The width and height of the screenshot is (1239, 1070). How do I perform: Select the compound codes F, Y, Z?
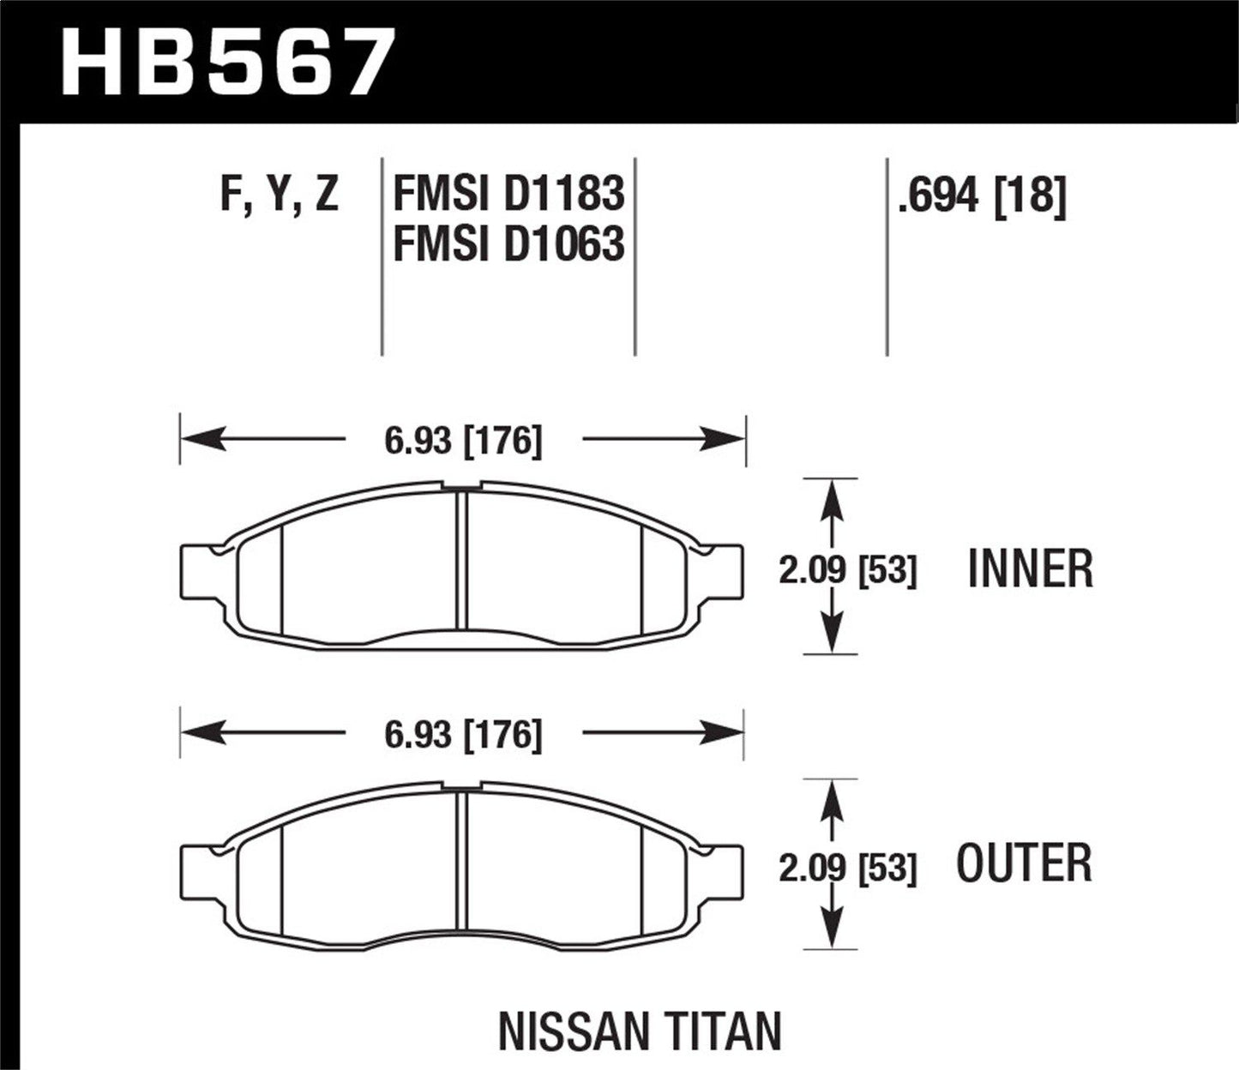[x=280, y=195]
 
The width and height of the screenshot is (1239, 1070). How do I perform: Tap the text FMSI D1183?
[x=508, y=195]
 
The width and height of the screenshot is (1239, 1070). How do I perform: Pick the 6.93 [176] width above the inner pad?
[x=464, y=442]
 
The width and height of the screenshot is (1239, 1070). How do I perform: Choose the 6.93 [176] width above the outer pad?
[x=464, y=735]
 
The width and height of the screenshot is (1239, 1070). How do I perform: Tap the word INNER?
[x=1031, y=570]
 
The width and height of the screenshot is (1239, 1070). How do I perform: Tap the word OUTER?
[x=1025, y=864]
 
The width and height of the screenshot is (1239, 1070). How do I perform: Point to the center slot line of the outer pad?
[x=463, y=857]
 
